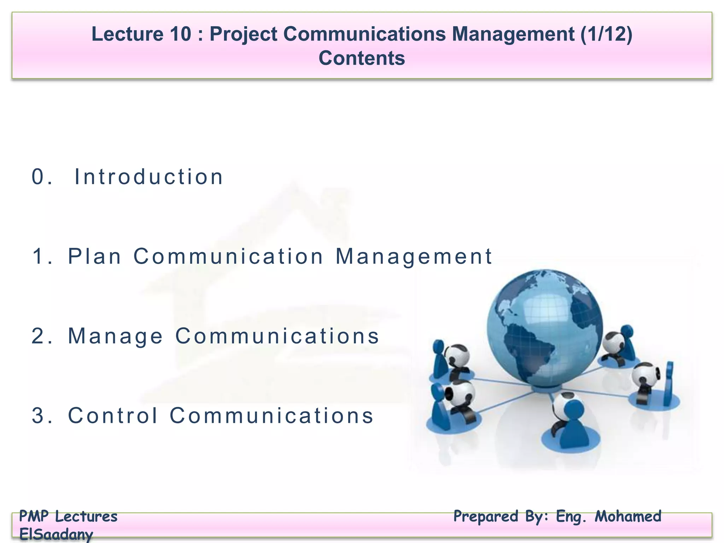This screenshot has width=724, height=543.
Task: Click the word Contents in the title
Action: [x=361, y=58]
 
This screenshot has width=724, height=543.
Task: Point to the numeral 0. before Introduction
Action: [x=42, y=177]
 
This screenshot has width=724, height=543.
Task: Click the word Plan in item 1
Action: [x=94, y=256]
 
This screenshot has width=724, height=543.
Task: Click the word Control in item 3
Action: [x=113, y=415]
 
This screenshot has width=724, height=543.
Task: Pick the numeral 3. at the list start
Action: [x=42, y=415]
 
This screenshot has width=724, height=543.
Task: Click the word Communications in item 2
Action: [x=277, y=336]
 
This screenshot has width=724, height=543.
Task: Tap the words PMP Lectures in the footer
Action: [x=68, y=516]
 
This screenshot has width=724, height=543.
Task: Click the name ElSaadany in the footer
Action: [x=56, y=534]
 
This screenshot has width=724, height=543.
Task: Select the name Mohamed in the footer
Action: [x=628, y=516]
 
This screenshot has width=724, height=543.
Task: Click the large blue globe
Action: [x=544, y=327]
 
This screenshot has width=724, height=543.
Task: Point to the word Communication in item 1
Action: [x=229, y=256]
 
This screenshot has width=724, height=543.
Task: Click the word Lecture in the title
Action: [x=127, y=34]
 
